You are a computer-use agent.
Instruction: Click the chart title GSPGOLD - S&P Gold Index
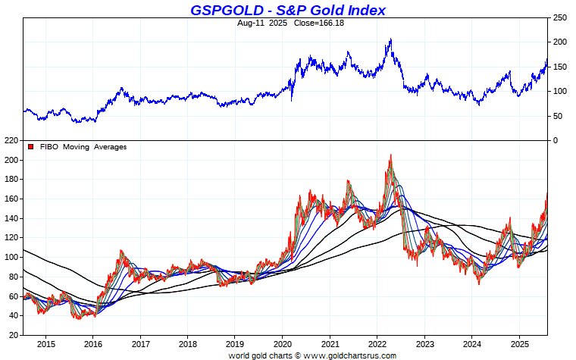tap(287, 10)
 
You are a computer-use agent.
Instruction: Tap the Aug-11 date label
tap(251, 23)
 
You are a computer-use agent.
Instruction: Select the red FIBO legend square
tap(30, 146)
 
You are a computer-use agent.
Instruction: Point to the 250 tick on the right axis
tap(561, 17)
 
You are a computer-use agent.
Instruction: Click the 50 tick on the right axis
tap(559, 116)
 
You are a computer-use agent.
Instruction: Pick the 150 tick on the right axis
tap(561, 67)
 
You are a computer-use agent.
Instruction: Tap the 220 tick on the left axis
tap(11, 141)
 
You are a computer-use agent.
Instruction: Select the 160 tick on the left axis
tap(11, 199)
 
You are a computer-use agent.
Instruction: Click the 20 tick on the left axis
tap(13, 335)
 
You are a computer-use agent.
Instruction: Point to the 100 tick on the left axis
tap(11, 258)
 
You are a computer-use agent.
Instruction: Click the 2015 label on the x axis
tap(45, 343)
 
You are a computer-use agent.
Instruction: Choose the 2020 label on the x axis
tap(282, 343)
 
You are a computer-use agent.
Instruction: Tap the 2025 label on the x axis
tap(519, 343)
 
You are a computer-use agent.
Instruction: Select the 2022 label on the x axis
tap(377, 343)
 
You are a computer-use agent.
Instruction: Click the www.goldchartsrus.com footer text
tap(350, 355)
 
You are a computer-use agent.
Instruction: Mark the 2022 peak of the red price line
tap(390, 155)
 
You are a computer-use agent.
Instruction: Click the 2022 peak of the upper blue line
tap(390, 39)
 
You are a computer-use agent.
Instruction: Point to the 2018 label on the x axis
tap(187, 343)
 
